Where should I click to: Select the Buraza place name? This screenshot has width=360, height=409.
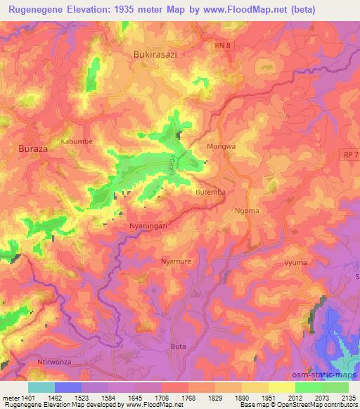click(33, 150)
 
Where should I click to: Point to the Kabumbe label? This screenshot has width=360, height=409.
click(76, 141)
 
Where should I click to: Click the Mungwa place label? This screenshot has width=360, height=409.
click(220, 146)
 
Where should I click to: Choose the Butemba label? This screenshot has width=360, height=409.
click(210, 192)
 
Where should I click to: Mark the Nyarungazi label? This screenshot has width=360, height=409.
click(148, 226)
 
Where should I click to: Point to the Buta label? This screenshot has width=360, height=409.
click(179, 346)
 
